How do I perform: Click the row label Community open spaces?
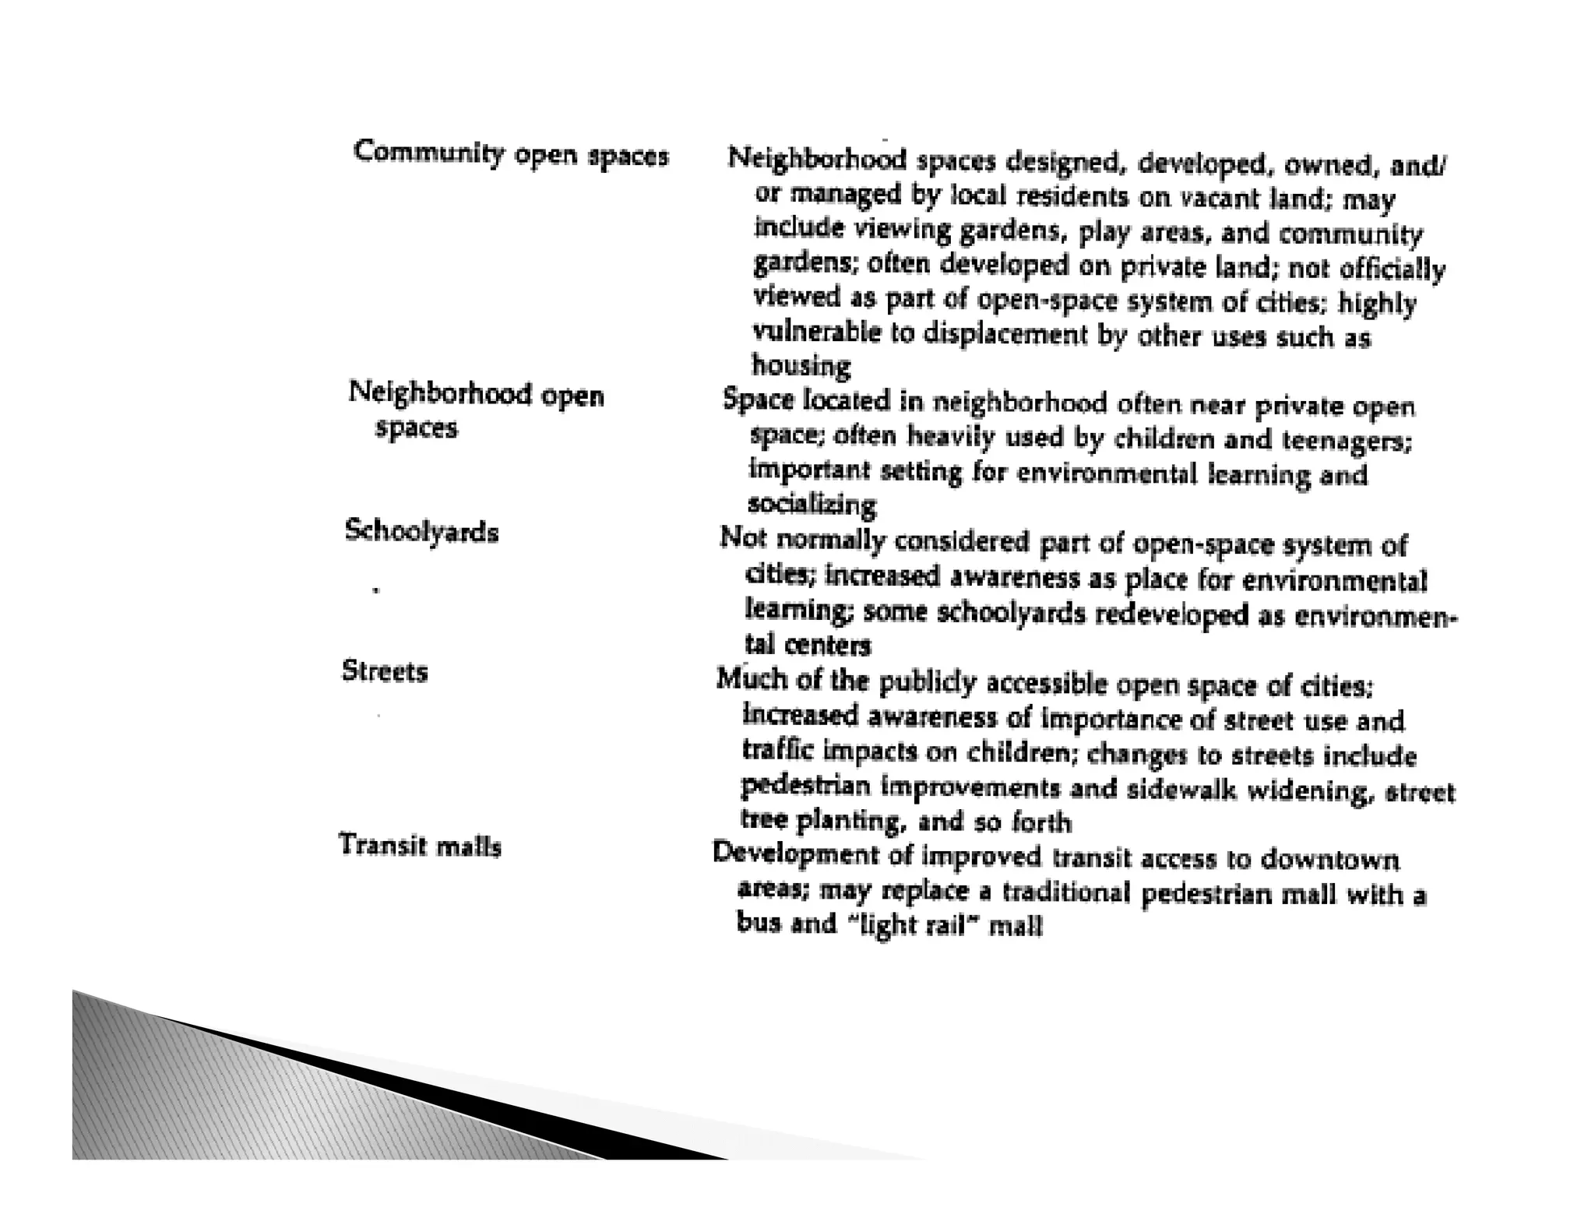(x=511, y=153)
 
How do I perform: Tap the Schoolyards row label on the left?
(x=421, y=532)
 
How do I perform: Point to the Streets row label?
(x=385, y=671)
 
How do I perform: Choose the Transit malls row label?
(x=420, y=846)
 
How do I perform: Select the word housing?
(x=801, y=365)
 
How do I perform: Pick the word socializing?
(x=812, y=505)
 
